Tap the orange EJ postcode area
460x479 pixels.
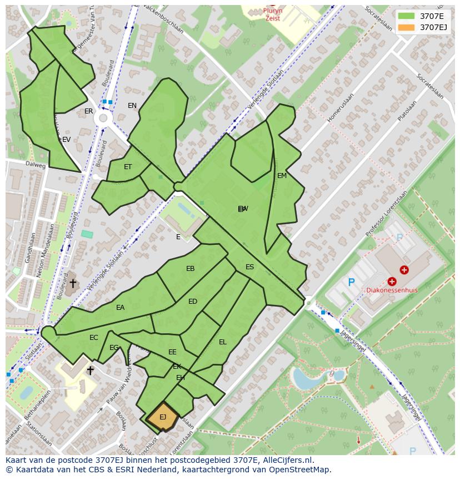tap(162, 417)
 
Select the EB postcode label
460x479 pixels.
tap(191, 269)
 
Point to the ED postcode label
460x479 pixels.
tap(193, 302)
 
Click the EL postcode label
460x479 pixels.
tap(223, 342)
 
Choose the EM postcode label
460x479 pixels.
tap(282, 176)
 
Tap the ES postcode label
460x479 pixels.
tap(250, 267)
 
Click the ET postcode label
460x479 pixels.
tap(128, 167)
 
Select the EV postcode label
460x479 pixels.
tap(66, 140)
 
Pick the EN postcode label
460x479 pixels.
tap(132, 106)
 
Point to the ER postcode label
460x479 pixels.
tap(89, 111)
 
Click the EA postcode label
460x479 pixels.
tap(121, 308)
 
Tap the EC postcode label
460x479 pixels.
tap(94, 338)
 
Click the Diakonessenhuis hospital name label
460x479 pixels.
tap(391, 290)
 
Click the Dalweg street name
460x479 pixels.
tap(35, 165)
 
